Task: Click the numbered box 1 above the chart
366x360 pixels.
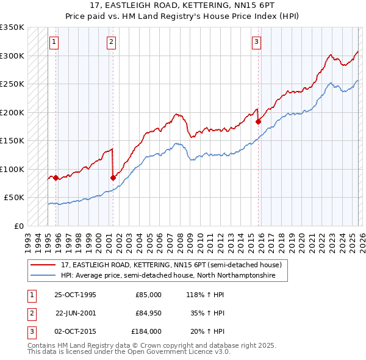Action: [54, 42]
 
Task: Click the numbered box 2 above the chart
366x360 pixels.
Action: [112, 42]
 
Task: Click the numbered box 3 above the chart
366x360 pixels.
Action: [256, 42]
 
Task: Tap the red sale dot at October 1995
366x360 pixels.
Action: [56, 178]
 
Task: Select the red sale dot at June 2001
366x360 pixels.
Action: [113, 178]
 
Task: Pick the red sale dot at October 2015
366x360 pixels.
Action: [258, 121]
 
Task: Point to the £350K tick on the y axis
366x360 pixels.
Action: [13, 27]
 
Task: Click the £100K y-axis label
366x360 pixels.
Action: [13, 169]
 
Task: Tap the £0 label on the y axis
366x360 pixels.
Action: [18, 226]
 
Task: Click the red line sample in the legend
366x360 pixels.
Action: [43, 265]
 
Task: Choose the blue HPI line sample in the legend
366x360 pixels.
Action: [43, 276]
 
